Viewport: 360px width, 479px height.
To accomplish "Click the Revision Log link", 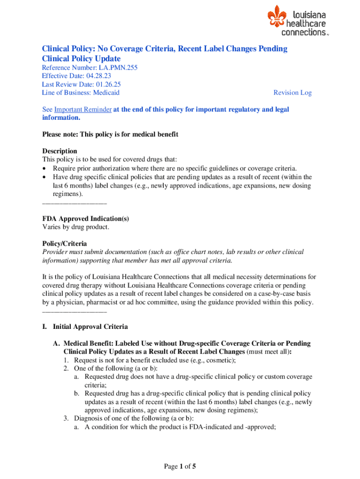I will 292,93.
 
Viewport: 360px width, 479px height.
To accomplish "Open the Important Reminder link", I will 83,109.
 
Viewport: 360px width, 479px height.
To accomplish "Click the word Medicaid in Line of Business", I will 107,93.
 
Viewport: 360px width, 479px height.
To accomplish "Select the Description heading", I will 59,151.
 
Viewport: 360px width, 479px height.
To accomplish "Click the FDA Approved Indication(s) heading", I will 86,218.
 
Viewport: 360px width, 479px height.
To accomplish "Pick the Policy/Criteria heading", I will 65,244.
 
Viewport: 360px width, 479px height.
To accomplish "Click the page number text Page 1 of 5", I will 180,466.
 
